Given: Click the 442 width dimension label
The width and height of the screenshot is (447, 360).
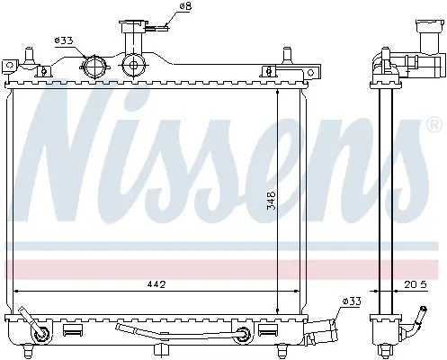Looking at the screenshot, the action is [x=156, y=283].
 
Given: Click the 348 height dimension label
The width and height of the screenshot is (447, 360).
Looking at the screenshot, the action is [x=271, y=201].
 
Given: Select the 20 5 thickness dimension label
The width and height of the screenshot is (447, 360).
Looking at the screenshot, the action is [x=416, y=284].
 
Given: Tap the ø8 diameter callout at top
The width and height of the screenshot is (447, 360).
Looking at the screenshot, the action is [x=185, y=6].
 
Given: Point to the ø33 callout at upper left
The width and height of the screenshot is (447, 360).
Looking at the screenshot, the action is [x=64, y=40].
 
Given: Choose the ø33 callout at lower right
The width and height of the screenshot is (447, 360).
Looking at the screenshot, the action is [x=352, y=301].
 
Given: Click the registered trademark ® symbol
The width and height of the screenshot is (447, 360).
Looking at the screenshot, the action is [x=434, y=124].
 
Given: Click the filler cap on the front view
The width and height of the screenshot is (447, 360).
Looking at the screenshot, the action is [x=134, y=26].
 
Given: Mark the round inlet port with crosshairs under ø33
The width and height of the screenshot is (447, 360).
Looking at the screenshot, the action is [x=94, y=67].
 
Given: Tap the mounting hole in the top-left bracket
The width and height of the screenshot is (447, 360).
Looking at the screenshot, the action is [x=10, y=65].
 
